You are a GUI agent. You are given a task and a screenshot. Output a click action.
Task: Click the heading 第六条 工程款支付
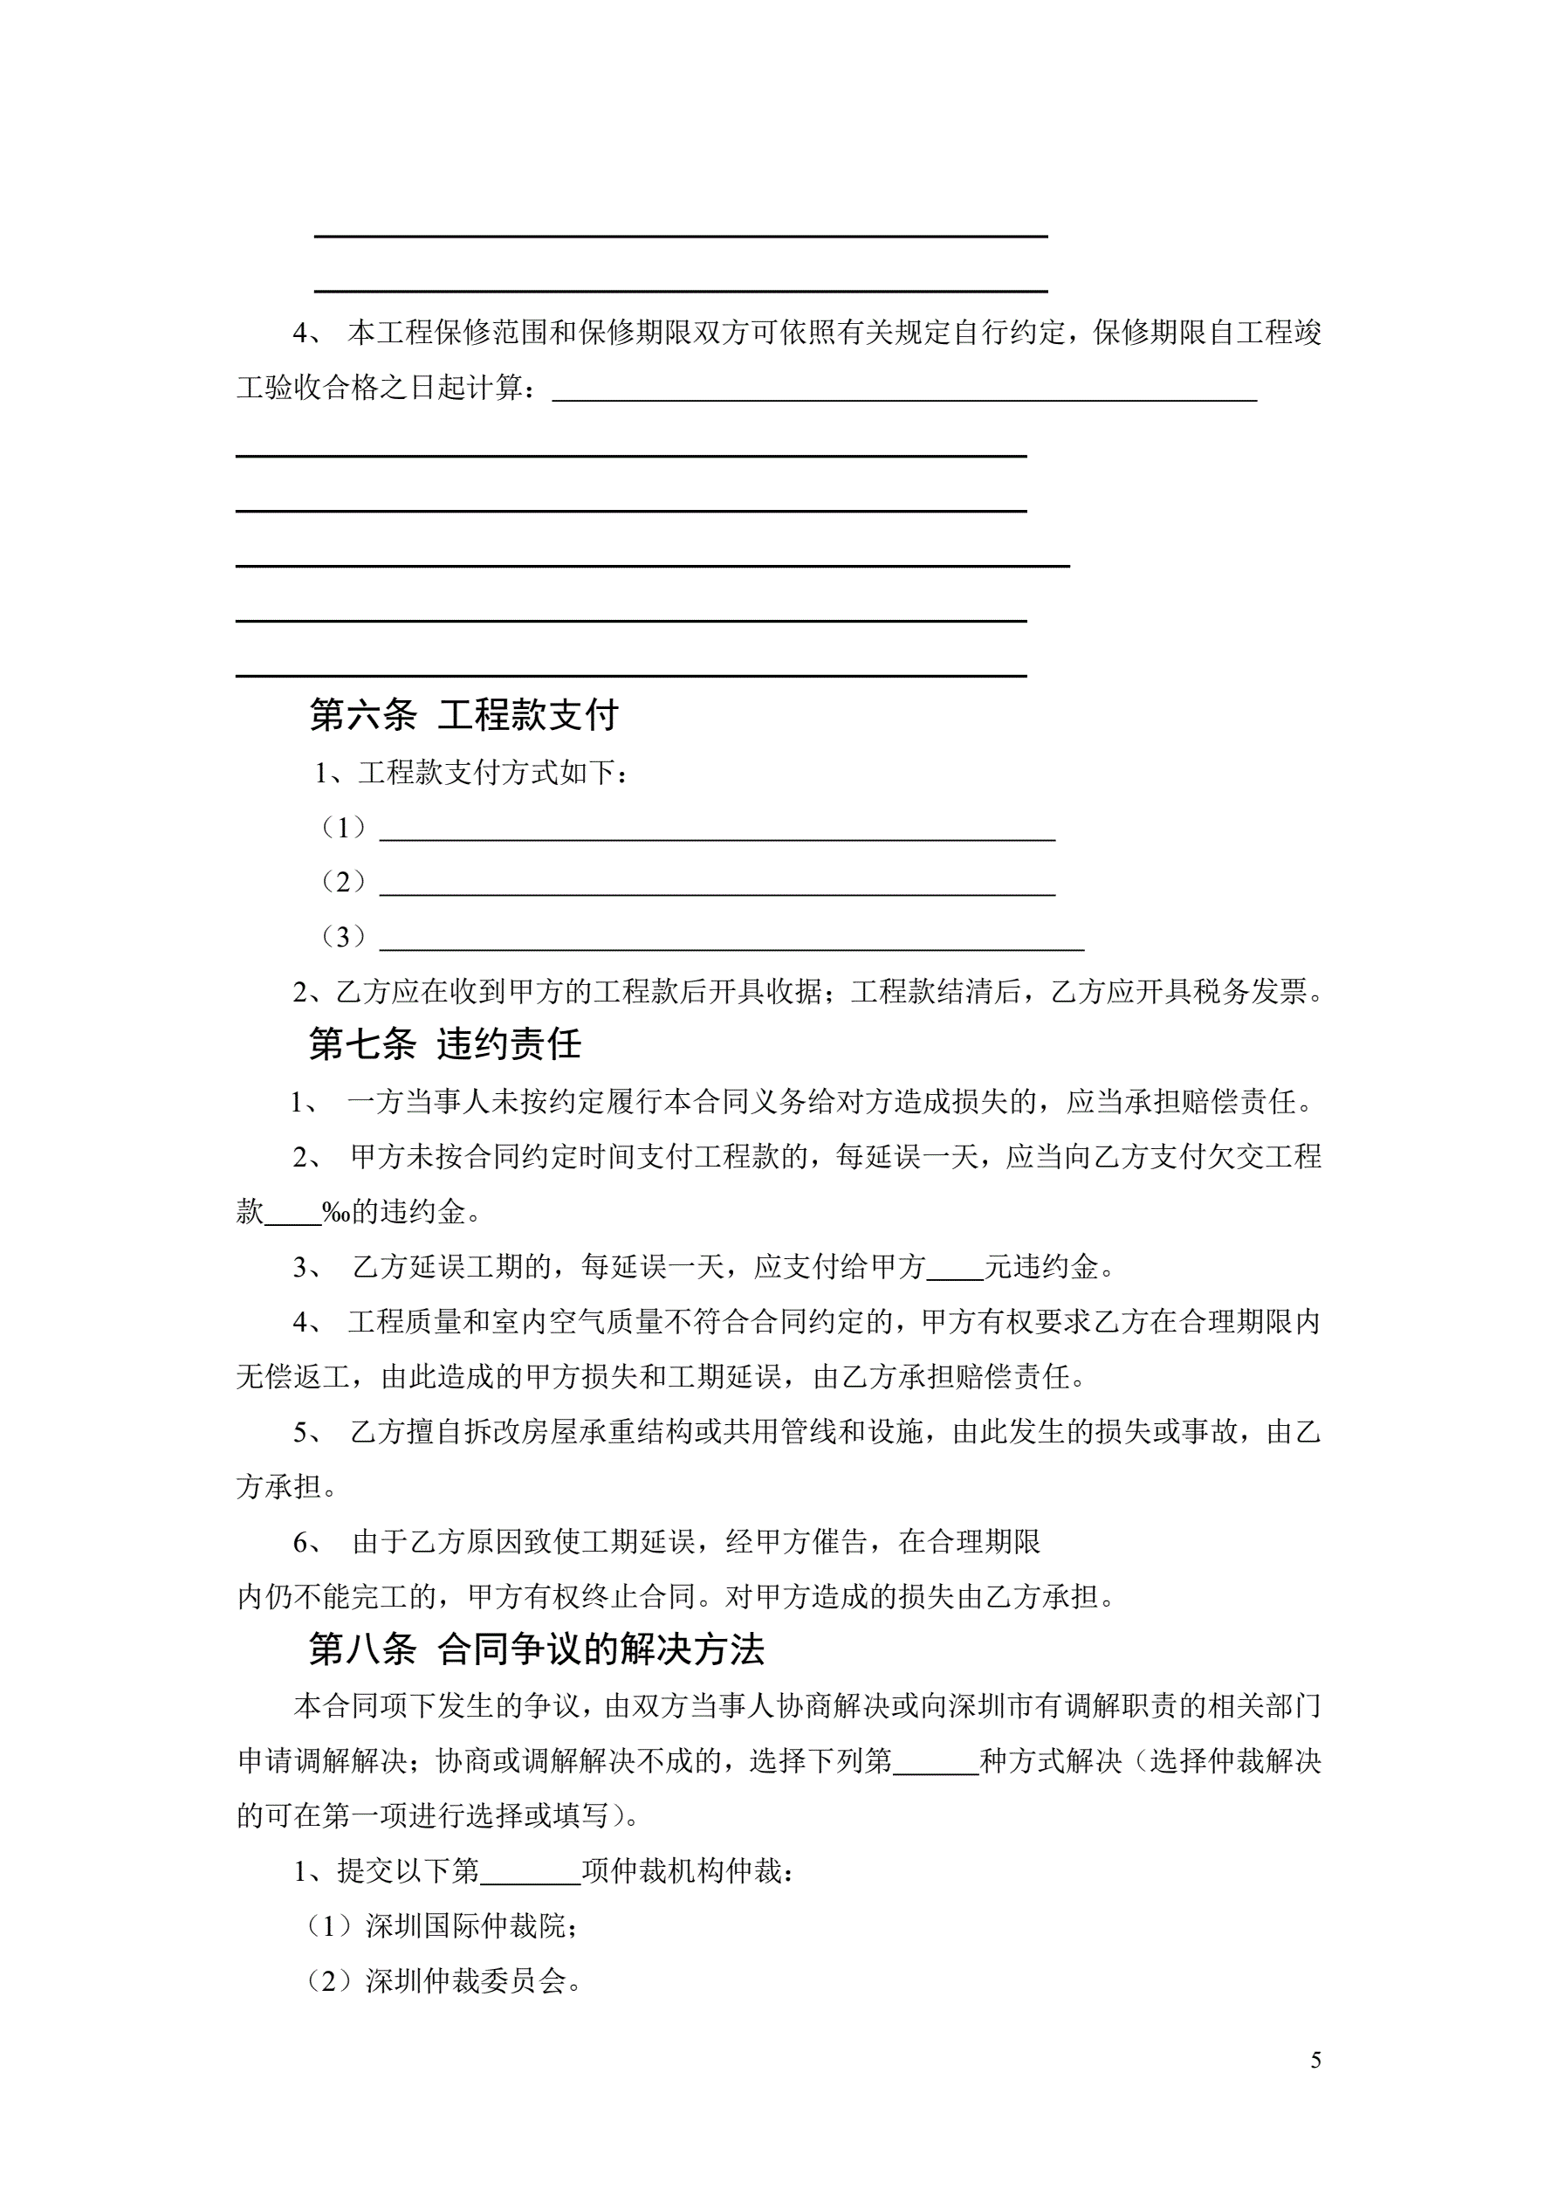click(463, 716)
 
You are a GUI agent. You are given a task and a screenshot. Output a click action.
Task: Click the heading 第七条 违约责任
click(445, 1045)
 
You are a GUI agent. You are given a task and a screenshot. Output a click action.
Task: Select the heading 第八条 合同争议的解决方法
click(536, 1649)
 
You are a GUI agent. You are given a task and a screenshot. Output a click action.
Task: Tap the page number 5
click(1315, 2060)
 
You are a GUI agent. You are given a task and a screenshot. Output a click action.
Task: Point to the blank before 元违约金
click(955, 1269)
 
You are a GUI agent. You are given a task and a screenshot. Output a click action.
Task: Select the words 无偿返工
click(292, 1379)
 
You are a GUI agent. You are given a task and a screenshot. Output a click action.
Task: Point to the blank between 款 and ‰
click(292, 1214)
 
